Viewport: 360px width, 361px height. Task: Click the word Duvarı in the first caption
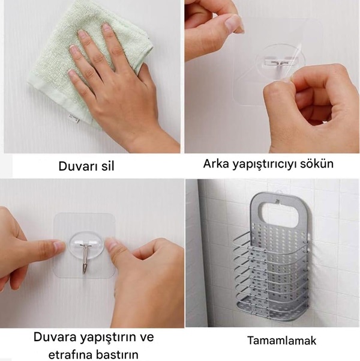[x=77, y=166]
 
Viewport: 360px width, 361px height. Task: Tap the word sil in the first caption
[x=107, y=166]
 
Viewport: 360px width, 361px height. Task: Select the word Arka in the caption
[x=216, y=164]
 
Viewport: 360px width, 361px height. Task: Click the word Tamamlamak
[x=282, y=341]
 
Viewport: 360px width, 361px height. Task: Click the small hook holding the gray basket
[x=277, y=201]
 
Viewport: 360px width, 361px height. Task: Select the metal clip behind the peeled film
[x=280, y=62]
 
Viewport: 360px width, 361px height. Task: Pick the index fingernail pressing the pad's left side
[x=59, y=246]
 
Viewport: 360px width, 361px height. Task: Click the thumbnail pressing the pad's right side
[x=112, y=244]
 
